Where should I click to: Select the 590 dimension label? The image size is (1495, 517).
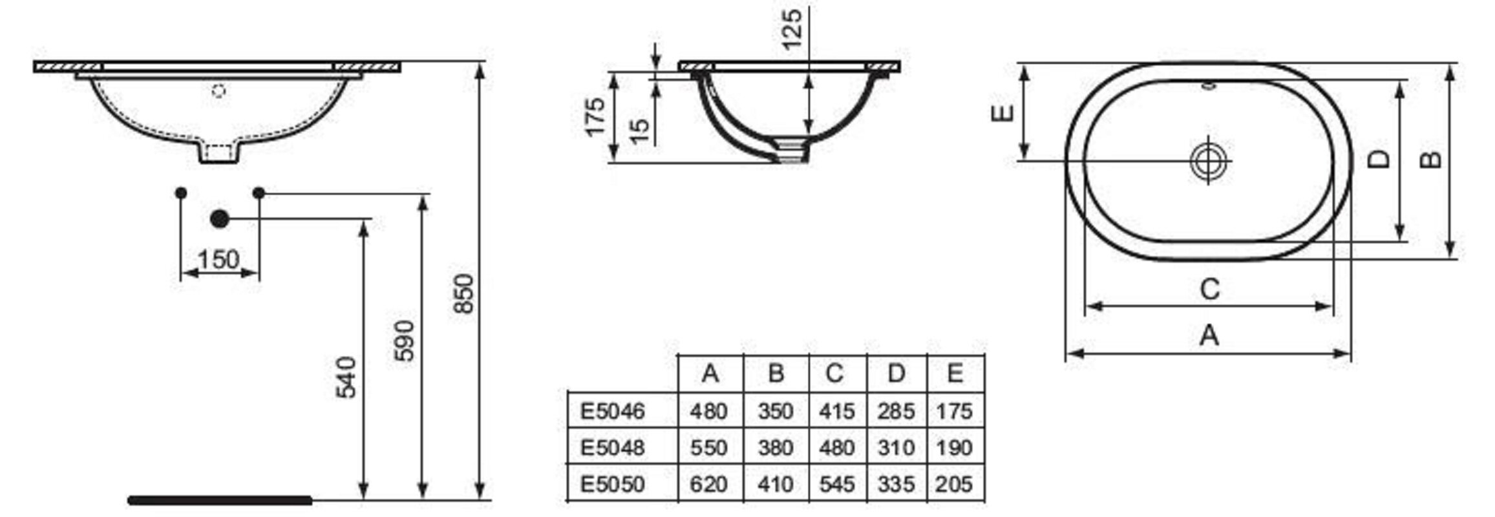(404, 341)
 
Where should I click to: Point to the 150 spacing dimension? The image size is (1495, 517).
(219, 260)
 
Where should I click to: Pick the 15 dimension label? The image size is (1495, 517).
(639, 131)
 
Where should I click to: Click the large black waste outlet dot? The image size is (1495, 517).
(220, 219)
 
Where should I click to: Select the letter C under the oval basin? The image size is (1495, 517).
(1209, 289)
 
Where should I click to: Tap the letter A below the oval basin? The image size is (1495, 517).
(1209, 336)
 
